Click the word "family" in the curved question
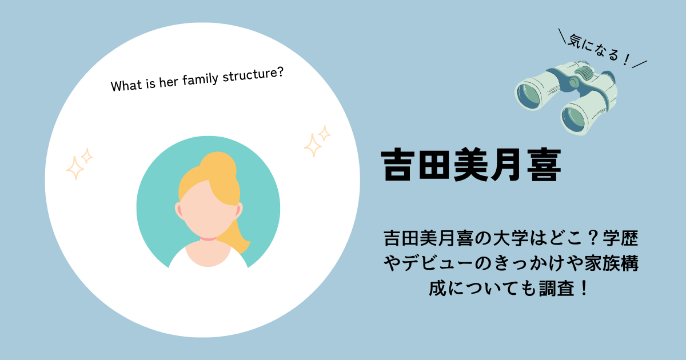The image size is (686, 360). tap(200, 79)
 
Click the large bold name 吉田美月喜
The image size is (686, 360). tap(471, 165)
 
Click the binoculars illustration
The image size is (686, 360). tap(566, 98)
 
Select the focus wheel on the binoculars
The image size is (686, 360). tap(584, 73)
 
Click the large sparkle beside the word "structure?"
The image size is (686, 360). tap(313, 145)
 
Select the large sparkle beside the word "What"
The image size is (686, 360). tap(75, 168)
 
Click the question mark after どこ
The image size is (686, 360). tap(593, 238)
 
